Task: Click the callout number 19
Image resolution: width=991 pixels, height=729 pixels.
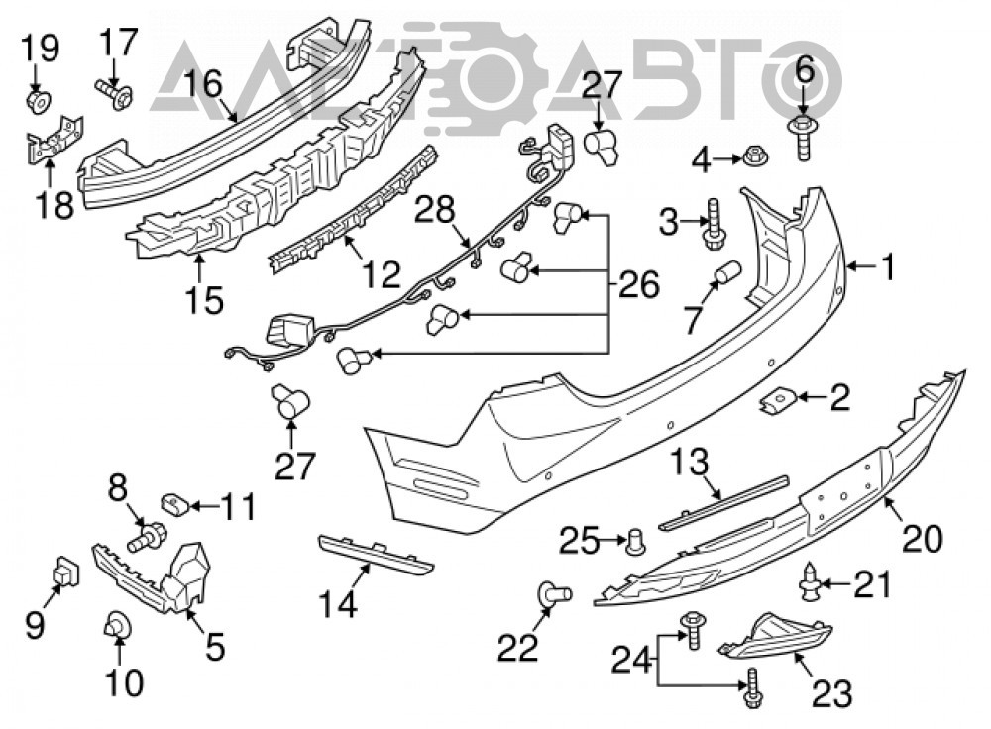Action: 40,48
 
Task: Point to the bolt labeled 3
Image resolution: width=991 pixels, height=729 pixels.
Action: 715,226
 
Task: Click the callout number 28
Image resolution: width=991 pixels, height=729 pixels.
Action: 434,209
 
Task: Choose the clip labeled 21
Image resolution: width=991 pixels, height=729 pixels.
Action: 811,580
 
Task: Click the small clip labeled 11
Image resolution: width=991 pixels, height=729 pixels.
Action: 176,504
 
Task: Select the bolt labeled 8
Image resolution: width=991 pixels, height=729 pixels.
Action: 147,537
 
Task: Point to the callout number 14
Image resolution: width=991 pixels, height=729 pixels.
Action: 338,603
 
